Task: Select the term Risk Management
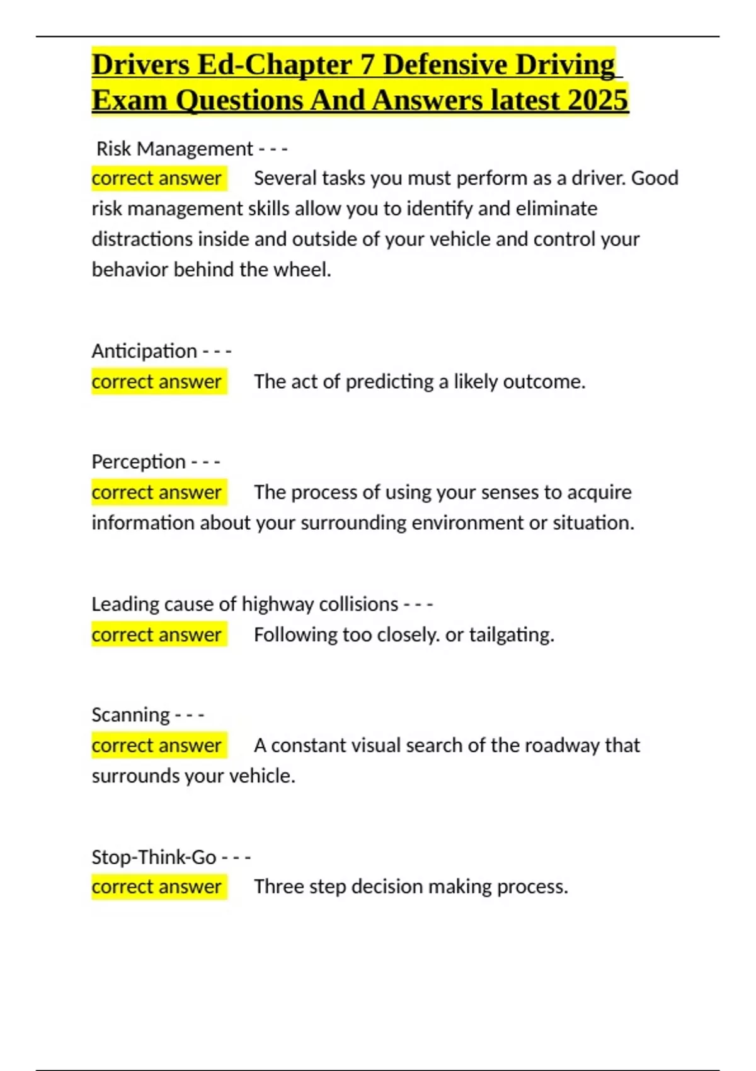click(175, 149)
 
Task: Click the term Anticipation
click(144, 351)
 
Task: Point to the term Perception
click(139, 462)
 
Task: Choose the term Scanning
click(130, 715)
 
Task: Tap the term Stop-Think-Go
click(154, 857)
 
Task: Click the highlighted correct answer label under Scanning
click(157, 745)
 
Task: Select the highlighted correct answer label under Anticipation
click(157, 382)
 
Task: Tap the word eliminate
click(556, 209)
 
